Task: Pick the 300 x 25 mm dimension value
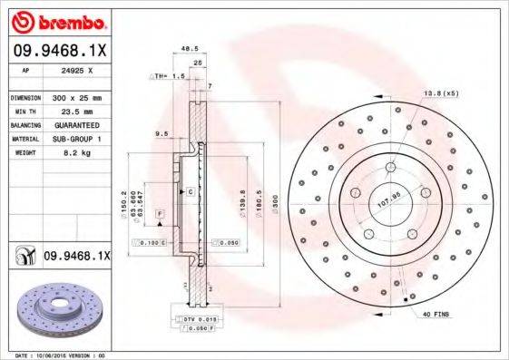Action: (74, 96)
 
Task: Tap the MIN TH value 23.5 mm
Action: (73, 108)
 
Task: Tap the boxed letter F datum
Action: (159, 212)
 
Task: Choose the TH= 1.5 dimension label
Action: (170, 77)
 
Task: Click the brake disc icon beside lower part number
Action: (24, 257)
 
